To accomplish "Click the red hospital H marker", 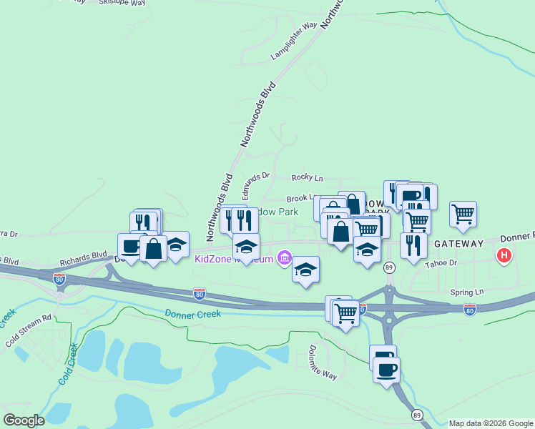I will [504, 255].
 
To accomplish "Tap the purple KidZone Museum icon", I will [285, 257].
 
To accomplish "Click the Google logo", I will [24, 420].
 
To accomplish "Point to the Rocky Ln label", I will [308, 177].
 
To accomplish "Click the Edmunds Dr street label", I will [255, 184].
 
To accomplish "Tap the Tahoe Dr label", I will [441, 263].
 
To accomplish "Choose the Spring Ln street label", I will [467, 292].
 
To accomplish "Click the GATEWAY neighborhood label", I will [458, 243].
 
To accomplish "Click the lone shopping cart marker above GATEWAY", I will [463, 213].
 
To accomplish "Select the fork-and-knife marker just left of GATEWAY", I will [413, 245].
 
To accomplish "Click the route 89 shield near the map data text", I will [418, 414].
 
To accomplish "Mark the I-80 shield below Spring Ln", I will [469, 310].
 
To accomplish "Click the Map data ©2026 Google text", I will [491, 423].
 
